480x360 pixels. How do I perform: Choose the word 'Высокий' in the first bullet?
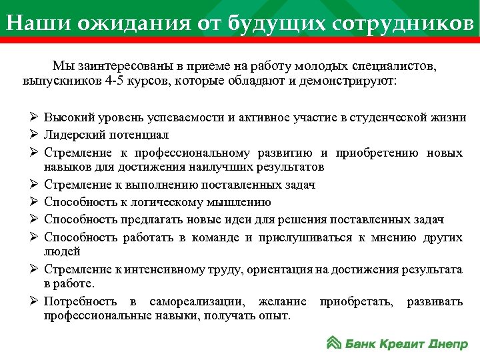[x=68, y=119]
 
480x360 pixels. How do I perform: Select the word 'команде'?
[x=208, y=237]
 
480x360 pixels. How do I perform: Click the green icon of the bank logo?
[x=334, y=343]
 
